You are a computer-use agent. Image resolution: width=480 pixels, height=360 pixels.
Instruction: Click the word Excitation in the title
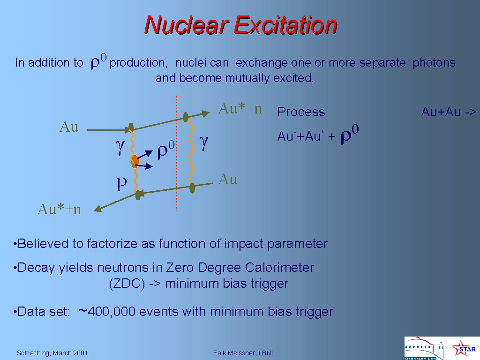pos(285,25)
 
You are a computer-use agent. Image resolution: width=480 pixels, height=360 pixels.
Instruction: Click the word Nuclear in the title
pos(186,25)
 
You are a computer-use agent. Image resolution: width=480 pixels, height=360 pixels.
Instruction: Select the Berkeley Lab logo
pos(424,348)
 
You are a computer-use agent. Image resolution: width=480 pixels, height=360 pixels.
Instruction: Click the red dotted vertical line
pos(176,153)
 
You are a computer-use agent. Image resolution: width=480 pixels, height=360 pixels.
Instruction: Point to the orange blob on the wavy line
pos(135,161)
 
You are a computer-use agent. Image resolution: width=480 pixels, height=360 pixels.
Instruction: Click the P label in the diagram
pos(121,184)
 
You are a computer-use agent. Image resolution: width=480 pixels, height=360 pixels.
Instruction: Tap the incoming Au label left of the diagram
pos(69,127)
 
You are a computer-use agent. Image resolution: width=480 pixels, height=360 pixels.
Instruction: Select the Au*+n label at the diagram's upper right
pos(240,109)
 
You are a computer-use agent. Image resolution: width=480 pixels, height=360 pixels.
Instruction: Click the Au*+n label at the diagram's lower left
pos(60,210)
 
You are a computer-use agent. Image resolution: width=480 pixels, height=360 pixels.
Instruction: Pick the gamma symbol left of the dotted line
pos(120,147)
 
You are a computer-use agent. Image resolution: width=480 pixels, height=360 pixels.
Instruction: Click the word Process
pos(301,112)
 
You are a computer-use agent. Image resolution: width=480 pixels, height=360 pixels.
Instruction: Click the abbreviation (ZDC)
pos(127,284)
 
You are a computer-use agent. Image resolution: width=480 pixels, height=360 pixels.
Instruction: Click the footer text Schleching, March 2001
pos(52,353)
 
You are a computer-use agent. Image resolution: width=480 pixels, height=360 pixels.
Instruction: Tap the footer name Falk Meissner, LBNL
pos(244,353)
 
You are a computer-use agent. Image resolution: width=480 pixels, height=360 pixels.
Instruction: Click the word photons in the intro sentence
pos(434,63)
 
